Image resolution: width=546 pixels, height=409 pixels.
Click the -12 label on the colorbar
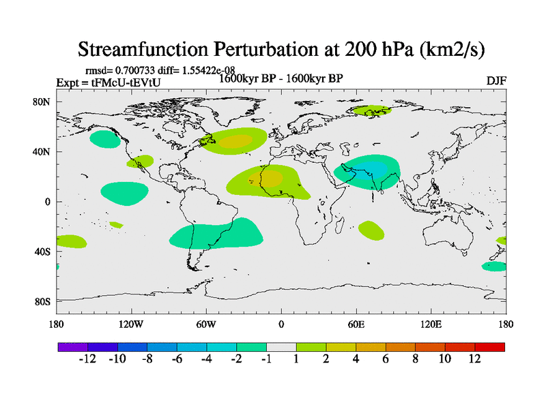(x=88, y=359)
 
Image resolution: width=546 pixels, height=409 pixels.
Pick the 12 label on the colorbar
(x=474, y=359)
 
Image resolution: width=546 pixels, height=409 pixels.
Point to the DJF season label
(x=495, y=80)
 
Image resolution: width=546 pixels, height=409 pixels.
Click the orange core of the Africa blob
(x=272, y=179)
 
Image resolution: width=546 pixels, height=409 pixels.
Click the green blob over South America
(x=215, y=236)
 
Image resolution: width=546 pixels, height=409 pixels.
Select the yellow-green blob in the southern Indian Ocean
(x=371, y=230)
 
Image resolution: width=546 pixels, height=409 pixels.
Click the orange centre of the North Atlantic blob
(x=237, y=141)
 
